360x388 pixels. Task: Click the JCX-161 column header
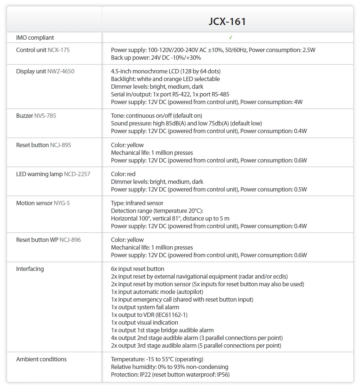tap(227, 21)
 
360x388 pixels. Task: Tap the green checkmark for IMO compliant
tap(231, 37)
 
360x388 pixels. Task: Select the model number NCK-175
tap(59, 50)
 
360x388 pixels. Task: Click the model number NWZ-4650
tap(61, 71)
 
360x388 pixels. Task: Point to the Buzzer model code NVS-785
tap(45, 116)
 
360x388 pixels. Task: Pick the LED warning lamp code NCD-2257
tap(77, 174)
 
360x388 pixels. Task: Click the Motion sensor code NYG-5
tap(62, 203)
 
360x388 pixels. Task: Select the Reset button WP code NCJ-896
tap(70, 240)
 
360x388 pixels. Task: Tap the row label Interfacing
tap(30, 269)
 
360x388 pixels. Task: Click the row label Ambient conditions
tap(41, 359)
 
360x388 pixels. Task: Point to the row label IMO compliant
tap(35, 38)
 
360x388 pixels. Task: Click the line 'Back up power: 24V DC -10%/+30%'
tap(156, 58)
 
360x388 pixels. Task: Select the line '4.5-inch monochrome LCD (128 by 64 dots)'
tap(166, 71)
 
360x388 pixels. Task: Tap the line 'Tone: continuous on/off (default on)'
tap(157, 116)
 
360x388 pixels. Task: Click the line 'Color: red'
tap(123, 174)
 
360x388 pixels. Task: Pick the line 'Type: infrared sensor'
tap(137, 203)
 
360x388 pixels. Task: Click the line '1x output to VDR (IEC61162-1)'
tap(149, 315)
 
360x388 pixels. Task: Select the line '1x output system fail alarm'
tap(145, 307)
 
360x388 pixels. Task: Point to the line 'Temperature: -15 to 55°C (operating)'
tap(157, 359)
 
